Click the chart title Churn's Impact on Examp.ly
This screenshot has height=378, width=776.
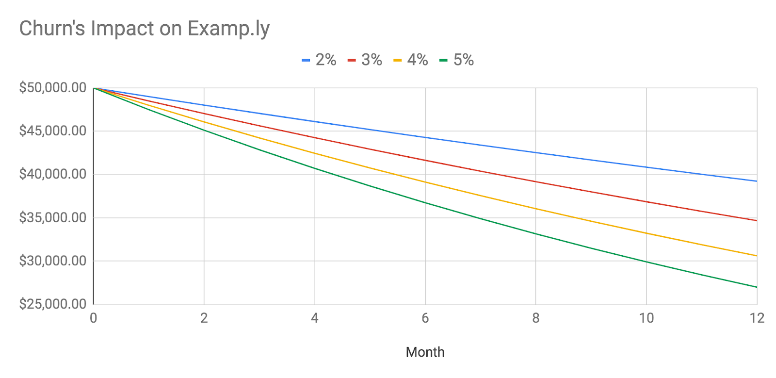pos(144,29)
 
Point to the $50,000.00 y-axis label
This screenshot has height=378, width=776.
pos(52,88)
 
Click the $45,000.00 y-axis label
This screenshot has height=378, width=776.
pos(52,131)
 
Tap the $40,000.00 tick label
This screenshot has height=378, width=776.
pos(52,174)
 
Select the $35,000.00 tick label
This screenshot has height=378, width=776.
pos(52,217)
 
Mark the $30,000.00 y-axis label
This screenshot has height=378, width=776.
pos(52,261)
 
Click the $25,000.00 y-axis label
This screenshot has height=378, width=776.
pos(52,304)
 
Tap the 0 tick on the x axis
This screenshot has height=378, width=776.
pos(94,318)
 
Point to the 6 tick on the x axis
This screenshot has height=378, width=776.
pos(425,318)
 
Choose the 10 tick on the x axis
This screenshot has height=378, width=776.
pos(646,318)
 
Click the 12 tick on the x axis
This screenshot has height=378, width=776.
pos(757,318)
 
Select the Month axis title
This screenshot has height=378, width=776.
pos(425,352)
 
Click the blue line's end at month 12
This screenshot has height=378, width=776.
pos(756,181)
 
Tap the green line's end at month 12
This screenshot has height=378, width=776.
pos(756,287)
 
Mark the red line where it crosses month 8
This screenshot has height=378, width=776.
pos(536,181)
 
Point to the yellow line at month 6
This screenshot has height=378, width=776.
pos(425,182)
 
